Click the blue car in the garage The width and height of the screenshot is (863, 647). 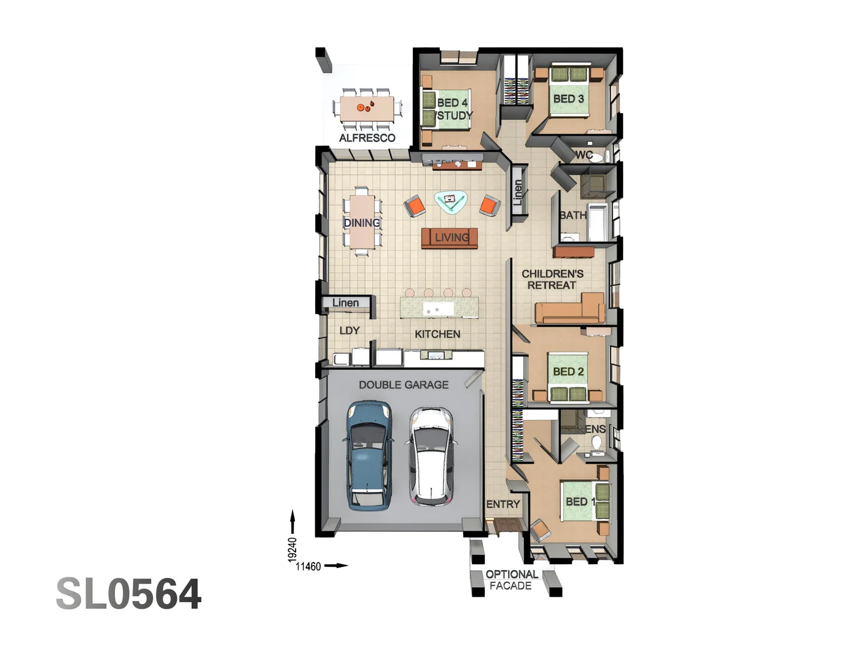(367, 455)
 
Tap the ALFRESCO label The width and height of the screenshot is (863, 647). (367, 138)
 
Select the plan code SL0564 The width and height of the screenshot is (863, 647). (129, 594)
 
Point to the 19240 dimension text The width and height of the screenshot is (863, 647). (292, 549)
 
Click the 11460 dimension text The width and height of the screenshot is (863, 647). (308, 566)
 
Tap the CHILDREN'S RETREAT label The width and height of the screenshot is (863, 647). (552, 279)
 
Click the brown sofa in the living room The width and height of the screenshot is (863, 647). (449, 238)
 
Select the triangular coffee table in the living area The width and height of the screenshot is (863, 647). (451, 202)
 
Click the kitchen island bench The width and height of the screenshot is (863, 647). (439, 308)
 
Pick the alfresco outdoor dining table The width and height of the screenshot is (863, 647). (367, 108)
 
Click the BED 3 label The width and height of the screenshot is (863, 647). (568, 99)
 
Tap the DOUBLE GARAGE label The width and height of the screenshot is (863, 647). (403, 385)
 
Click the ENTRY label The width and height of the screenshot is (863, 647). (503, 504)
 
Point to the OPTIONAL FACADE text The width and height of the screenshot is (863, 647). (511, 580)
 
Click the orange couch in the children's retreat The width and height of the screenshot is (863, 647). (569, 310)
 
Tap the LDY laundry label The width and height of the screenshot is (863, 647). (349, 331)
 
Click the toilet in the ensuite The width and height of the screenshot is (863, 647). (596, 443)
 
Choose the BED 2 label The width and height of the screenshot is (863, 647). (568, 371)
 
